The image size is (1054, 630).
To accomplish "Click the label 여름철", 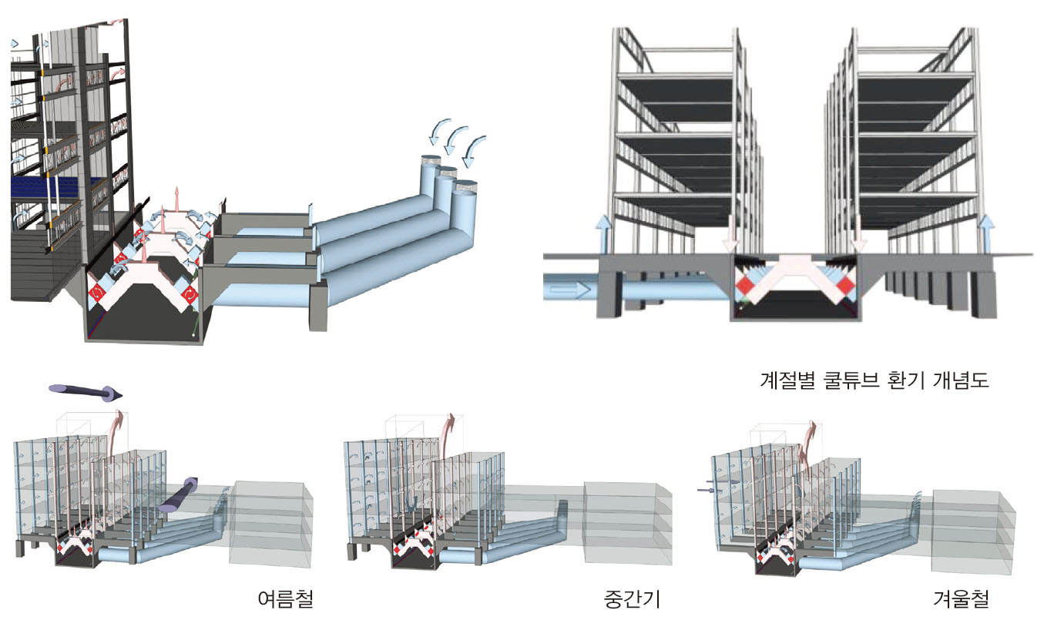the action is tap(286, 599).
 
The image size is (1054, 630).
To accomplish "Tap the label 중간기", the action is tap(632, 599).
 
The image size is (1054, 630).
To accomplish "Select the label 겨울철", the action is tap(962, 599).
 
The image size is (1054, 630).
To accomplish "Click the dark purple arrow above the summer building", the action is tap(86, 392).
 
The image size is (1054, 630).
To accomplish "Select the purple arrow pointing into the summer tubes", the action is tap(178, 495).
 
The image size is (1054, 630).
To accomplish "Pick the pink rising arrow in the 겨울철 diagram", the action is tap(807, 447).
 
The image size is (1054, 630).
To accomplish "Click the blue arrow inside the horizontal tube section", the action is tap(569, 289).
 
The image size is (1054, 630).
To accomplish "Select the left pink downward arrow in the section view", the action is tap(730, 234).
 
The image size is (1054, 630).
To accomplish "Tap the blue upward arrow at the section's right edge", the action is tap(986, 234).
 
